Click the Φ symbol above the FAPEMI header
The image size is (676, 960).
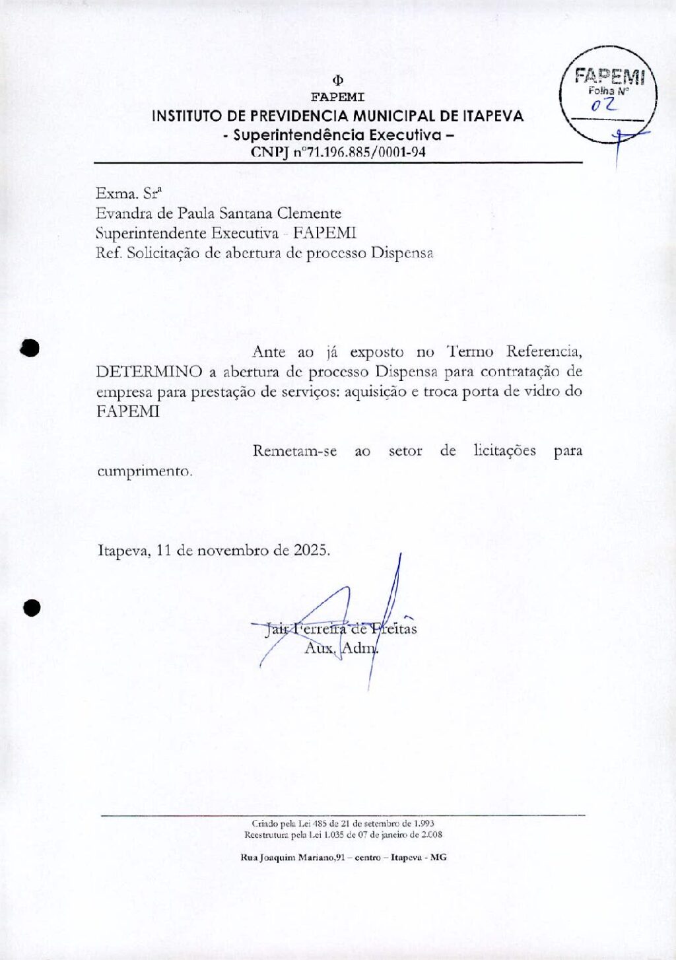tap(338, 81)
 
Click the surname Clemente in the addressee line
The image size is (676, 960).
tap(309, 213)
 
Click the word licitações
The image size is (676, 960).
tap(504, 451)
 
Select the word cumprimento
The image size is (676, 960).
tap(145, 471)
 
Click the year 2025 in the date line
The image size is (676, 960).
tap(312, 550)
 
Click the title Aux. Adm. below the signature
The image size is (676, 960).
tap(341, 648)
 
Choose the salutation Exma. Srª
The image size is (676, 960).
tap(129, 193)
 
